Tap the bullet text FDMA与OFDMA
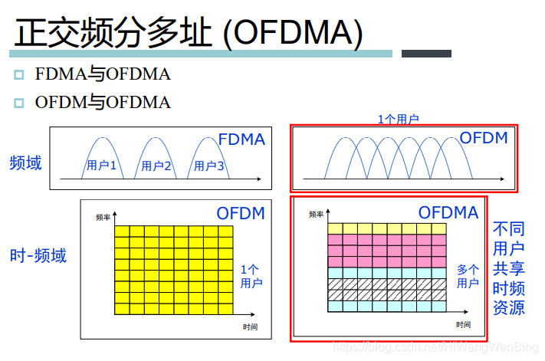(x=103, y=74)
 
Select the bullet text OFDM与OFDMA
(x=103, y=102)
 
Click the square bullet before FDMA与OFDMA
(x=19, y=75)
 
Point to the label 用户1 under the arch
(x=101, y=166)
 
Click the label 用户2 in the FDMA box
(x=156, y=166)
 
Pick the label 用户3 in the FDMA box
(x=208, y=166)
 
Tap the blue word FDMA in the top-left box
(x=241, y=139)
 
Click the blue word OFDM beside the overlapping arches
(x=484, y=138)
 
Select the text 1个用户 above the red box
(x=399, y=119)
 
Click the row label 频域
(x=26, y=162)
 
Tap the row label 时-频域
(x=38, y=255)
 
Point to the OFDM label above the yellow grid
(x=241, y=213)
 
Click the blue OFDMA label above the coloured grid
(x=448, y=212)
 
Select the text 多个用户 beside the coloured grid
(x=468, y=277)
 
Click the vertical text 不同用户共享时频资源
(x=508, y=268)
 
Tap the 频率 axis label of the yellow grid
(x=103, y=218)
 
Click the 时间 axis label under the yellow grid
(x=250, y=327)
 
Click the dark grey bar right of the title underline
(x=427, y=54)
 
